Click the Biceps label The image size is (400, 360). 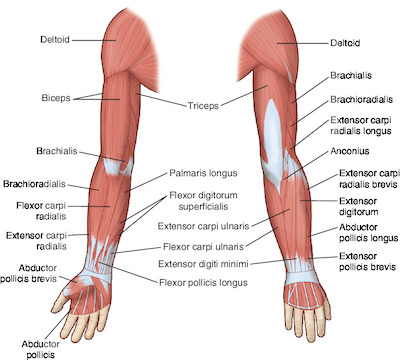(x=56, y=98)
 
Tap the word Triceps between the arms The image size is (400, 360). (x=203, y=106)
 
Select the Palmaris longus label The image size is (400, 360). (x=203, y=173)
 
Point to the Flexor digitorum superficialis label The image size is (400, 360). (x=203, y=201)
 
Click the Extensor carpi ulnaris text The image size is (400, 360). (x=203, y=226)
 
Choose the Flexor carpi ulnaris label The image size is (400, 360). (x=203, y=247)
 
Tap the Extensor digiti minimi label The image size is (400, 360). (x=203, y=264)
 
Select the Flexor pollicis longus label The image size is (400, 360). (x=203, y=283)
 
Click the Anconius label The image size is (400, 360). (x=350, y=151)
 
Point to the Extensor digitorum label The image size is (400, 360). (x=359, y=206)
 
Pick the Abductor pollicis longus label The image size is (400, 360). (x=369, y=233)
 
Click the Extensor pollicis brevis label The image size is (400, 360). (x=367, y=262)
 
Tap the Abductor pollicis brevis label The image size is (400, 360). (x=29, y=273)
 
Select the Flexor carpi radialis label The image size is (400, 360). (x=41, y=211)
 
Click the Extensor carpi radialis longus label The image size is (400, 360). (x=361, y=125)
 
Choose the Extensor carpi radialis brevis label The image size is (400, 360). (x=369, y=179)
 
